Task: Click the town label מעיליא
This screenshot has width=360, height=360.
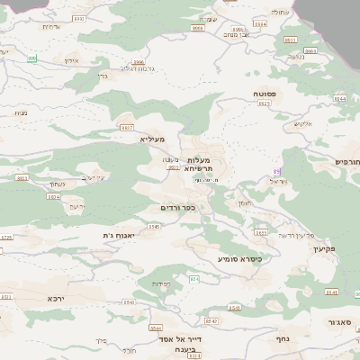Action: click(x=154, y=139)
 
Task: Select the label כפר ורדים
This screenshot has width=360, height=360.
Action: click(x=176, y=208)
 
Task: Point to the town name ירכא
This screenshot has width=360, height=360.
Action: click(x=58, y=296)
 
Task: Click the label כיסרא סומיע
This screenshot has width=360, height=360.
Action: click(x=238, y=258)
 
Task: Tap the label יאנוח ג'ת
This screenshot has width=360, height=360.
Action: click(x=119, y=235)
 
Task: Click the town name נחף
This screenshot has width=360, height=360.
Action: click(x=280, y=340)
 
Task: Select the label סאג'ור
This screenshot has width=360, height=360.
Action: click(x=339, y=321)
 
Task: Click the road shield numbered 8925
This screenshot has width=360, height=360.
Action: click(x=265, y=103)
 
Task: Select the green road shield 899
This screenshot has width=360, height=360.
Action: click(x=32, y=59)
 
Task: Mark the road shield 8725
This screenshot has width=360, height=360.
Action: click(x=7, y=238)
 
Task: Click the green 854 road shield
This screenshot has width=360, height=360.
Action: click(x=193, y=279)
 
